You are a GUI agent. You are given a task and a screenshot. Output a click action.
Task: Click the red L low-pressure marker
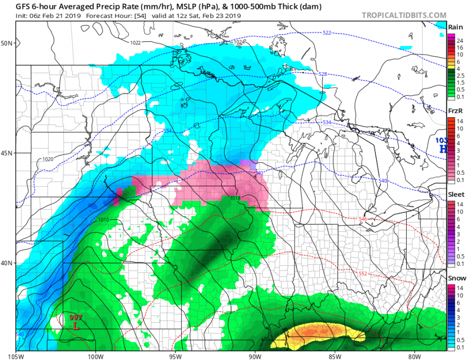(76, 327)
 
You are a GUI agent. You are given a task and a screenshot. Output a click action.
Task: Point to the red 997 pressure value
(76, 318)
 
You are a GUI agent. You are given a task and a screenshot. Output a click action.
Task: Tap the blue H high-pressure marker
(443, 149)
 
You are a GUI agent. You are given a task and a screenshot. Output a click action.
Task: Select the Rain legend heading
(454, 27)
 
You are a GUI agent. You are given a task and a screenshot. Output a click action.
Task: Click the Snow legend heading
(454, 278)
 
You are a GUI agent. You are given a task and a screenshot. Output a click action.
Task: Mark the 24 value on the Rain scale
(459, 41)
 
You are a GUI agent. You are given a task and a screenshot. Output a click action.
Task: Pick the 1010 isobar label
(104, 220)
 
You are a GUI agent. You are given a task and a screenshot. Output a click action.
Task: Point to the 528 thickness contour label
(323, 74)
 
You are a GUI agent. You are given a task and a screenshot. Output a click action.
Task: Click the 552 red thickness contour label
(363, 274)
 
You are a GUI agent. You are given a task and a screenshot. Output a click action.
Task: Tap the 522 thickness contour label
(327, 32)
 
